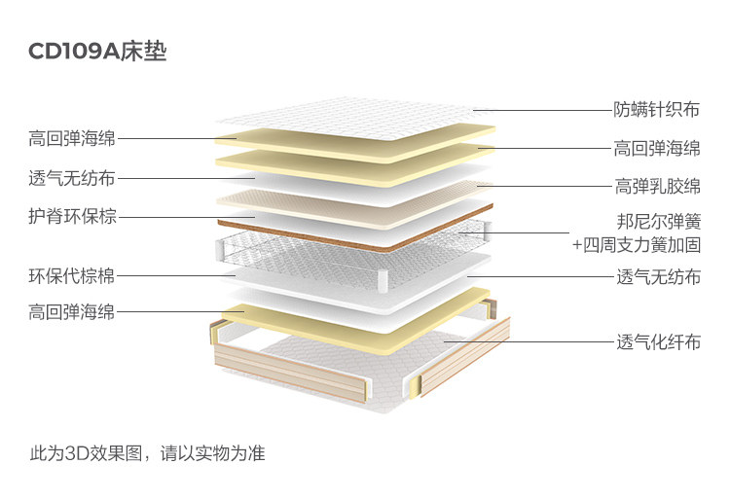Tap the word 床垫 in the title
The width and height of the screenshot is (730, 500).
coord(145,52)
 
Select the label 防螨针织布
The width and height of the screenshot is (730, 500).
coord(657,110)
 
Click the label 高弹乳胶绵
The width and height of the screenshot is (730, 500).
coord(657,186)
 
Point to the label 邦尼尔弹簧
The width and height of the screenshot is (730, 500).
coord(658,221)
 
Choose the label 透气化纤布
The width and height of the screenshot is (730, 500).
coord(657,342)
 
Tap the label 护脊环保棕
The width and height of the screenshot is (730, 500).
coord(73,216)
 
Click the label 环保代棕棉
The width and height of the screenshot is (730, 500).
coord(72,276)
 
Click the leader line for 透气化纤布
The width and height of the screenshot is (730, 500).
coord(526,342)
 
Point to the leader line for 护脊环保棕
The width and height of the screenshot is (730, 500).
coord(185,216)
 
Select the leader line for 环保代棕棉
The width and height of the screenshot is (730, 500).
coord(180,276)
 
